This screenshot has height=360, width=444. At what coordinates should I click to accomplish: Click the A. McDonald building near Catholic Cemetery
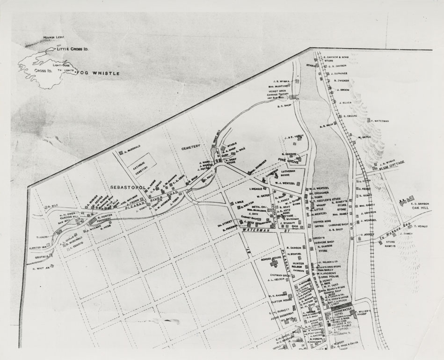pyautogui.click(x=121, y=152)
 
